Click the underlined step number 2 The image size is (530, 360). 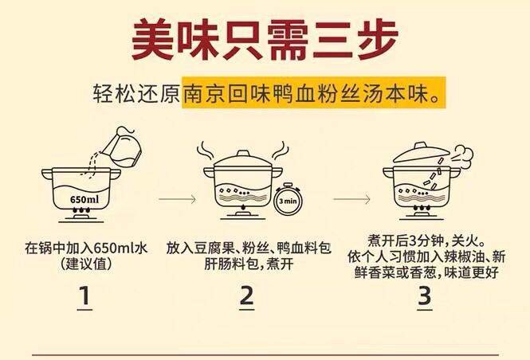click(x=246, y=295)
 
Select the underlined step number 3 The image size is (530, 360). click(x=424, y=295)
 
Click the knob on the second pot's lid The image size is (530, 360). click(x=243, y=151)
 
